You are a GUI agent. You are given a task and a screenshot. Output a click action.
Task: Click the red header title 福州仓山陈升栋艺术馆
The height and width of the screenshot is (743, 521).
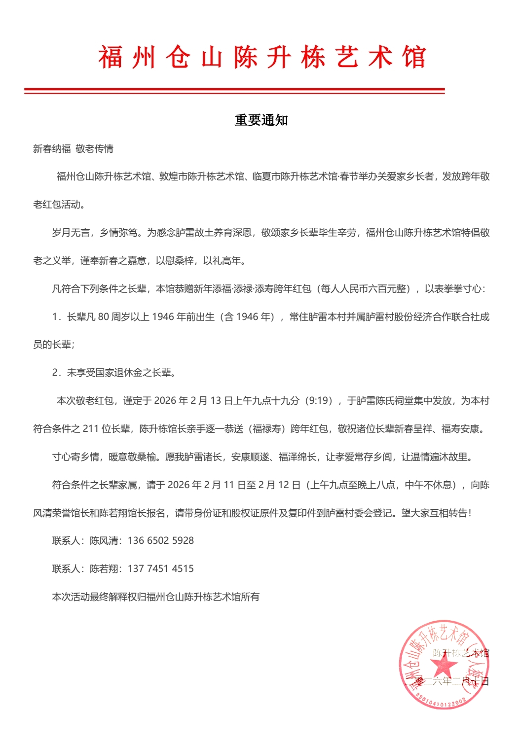[261, 57]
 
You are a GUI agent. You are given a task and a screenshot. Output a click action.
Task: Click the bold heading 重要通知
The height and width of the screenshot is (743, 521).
[261, 120]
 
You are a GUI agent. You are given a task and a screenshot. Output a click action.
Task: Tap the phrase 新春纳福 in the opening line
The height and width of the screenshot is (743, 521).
[52, 148]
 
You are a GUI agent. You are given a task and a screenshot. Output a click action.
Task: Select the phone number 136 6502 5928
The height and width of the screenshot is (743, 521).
[161, 541]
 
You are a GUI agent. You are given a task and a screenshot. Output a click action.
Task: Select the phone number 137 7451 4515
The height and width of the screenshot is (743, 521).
[161, 569]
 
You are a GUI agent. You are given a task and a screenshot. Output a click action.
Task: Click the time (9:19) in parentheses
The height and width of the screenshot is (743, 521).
[319, 401]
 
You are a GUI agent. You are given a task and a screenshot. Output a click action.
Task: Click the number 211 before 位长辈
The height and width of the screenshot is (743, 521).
[91, 429]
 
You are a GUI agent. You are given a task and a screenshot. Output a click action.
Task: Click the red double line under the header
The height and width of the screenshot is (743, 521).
[234, 91]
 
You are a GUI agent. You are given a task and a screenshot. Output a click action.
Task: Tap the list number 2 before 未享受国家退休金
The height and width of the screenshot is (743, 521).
[55, 373]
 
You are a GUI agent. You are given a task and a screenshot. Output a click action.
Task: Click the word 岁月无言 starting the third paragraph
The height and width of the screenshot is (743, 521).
[71, 233]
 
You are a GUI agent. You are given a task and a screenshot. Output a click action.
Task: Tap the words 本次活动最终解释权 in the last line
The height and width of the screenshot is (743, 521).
[95, 597]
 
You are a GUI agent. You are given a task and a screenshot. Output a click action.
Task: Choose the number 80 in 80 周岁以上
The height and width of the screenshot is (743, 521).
[103, 317]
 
